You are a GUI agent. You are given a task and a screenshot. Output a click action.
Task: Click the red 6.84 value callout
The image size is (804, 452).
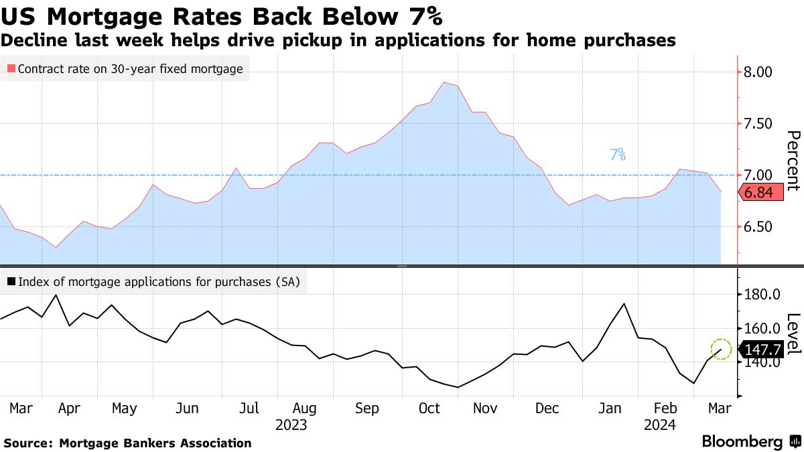(759, 193)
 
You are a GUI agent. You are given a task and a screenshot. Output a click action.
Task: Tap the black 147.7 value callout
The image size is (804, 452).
(762, 349)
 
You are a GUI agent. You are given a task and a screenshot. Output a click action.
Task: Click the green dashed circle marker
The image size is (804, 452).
(721, 348)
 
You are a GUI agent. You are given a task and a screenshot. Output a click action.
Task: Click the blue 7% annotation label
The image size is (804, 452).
(618, 155)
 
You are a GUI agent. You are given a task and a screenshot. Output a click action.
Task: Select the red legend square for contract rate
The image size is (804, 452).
(11, 68)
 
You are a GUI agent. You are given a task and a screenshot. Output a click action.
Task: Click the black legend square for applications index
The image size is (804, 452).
(11, 283)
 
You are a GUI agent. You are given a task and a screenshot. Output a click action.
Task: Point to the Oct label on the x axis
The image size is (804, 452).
(429, 408)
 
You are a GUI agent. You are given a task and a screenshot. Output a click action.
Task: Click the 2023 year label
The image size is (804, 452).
(291, 425)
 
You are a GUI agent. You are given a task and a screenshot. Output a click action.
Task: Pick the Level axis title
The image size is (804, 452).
(793, 333)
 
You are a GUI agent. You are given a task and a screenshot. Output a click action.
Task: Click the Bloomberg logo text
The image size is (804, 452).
(742, 442)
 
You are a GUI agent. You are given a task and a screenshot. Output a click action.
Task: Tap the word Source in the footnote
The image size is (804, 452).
(28, 443)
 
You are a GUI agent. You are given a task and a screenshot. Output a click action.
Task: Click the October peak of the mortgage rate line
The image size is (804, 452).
(444, 82)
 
